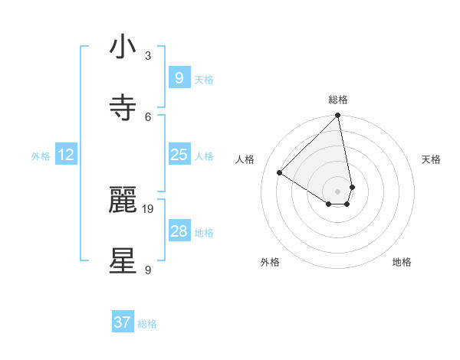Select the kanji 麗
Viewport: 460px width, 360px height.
[x=123, y=201]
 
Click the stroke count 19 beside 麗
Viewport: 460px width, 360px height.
[x=149, y=208]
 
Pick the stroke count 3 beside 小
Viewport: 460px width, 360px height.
[x=148, y=55]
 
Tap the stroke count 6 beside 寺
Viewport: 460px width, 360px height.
[x=148, y=116]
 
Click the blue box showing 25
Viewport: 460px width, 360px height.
[x=179, y=155]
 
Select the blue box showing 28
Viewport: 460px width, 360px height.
[x=179, y=231]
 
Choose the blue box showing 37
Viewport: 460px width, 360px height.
[x=123, y=322]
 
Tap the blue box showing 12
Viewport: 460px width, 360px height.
[x=66, y=155]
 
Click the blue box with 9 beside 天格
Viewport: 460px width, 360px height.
[x=179, y=78]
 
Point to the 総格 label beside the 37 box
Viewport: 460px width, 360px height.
[x=147, y=324]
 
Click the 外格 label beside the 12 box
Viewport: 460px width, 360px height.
[x=41, y=156]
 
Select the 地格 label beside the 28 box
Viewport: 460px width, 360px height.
[x=204, y=233]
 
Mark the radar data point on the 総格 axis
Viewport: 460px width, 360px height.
[x=337, y=116]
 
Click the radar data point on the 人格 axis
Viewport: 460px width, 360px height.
[x=280, y=173]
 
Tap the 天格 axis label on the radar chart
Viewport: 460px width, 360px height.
[x=431, y=159]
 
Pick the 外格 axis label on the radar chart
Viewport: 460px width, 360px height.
[x=270, y=262]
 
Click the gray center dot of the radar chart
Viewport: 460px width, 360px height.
[x=337, y=191]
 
